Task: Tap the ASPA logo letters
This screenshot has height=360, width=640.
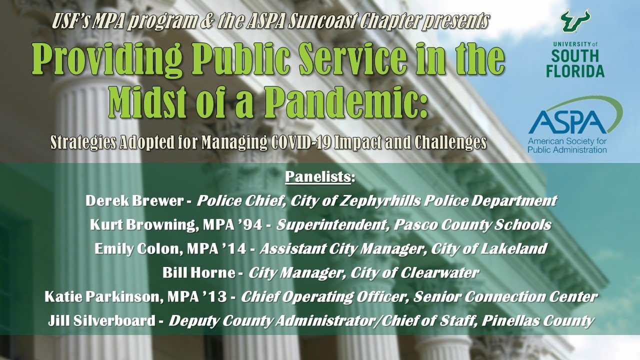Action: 560,121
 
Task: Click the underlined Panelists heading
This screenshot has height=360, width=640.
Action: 320,177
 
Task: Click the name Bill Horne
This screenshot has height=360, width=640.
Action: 196,272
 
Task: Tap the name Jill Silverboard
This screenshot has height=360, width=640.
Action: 101,320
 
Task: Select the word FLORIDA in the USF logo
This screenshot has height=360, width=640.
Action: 574,71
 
